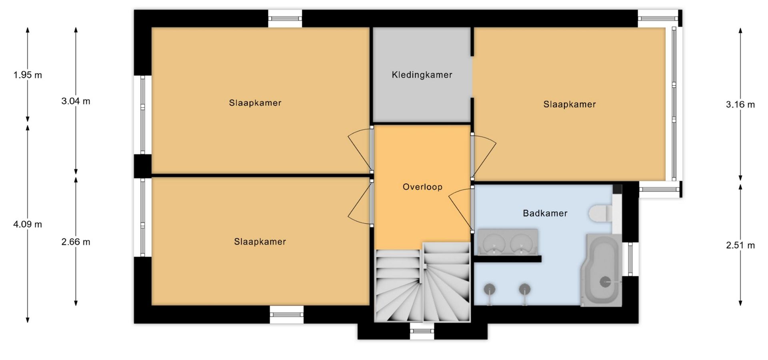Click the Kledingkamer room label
coord(422,75)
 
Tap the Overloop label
coord(422,187)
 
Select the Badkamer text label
coord(545,213)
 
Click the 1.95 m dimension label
coord(28,75)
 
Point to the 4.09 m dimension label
coord(28,224)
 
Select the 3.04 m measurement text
coord(76,101)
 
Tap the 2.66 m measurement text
coord(76,242)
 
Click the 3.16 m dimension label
coord(740,105)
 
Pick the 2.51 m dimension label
coord(740,246)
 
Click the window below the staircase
coord(422,331)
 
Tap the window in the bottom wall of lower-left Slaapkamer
coord(286,314)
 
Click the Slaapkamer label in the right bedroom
coord(570,104)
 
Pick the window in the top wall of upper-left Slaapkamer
coord(285,18)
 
